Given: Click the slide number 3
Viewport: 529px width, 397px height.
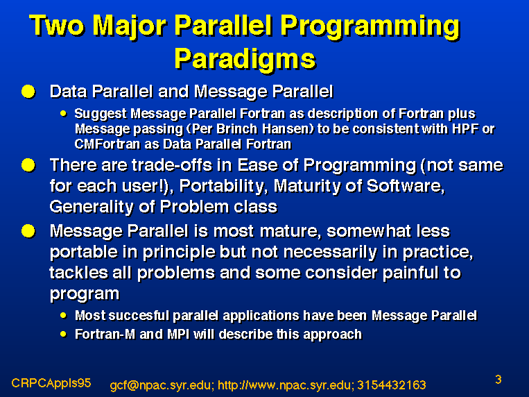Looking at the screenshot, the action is coord(498,380).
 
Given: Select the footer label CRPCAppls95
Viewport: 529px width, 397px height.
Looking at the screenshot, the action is coord(51,383).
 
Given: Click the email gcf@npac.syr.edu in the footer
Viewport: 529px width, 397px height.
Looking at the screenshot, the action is coord(162,385).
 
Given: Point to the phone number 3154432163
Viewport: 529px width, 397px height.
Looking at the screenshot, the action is coord(391,385).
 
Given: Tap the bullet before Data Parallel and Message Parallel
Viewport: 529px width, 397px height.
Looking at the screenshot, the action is coord(28,91).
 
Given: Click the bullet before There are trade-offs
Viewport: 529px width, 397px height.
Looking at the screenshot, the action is coord(28,165).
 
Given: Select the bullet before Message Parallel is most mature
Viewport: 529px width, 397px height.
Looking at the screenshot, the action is coord(28,231).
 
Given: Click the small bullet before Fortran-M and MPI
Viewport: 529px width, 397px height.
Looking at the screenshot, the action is coord(63,334).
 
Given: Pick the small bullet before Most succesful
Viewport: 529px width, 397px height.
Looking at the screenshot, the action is coord(63,316).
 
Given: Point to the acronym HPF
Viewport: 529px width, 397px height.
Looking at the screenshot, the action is coord(466,128).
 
